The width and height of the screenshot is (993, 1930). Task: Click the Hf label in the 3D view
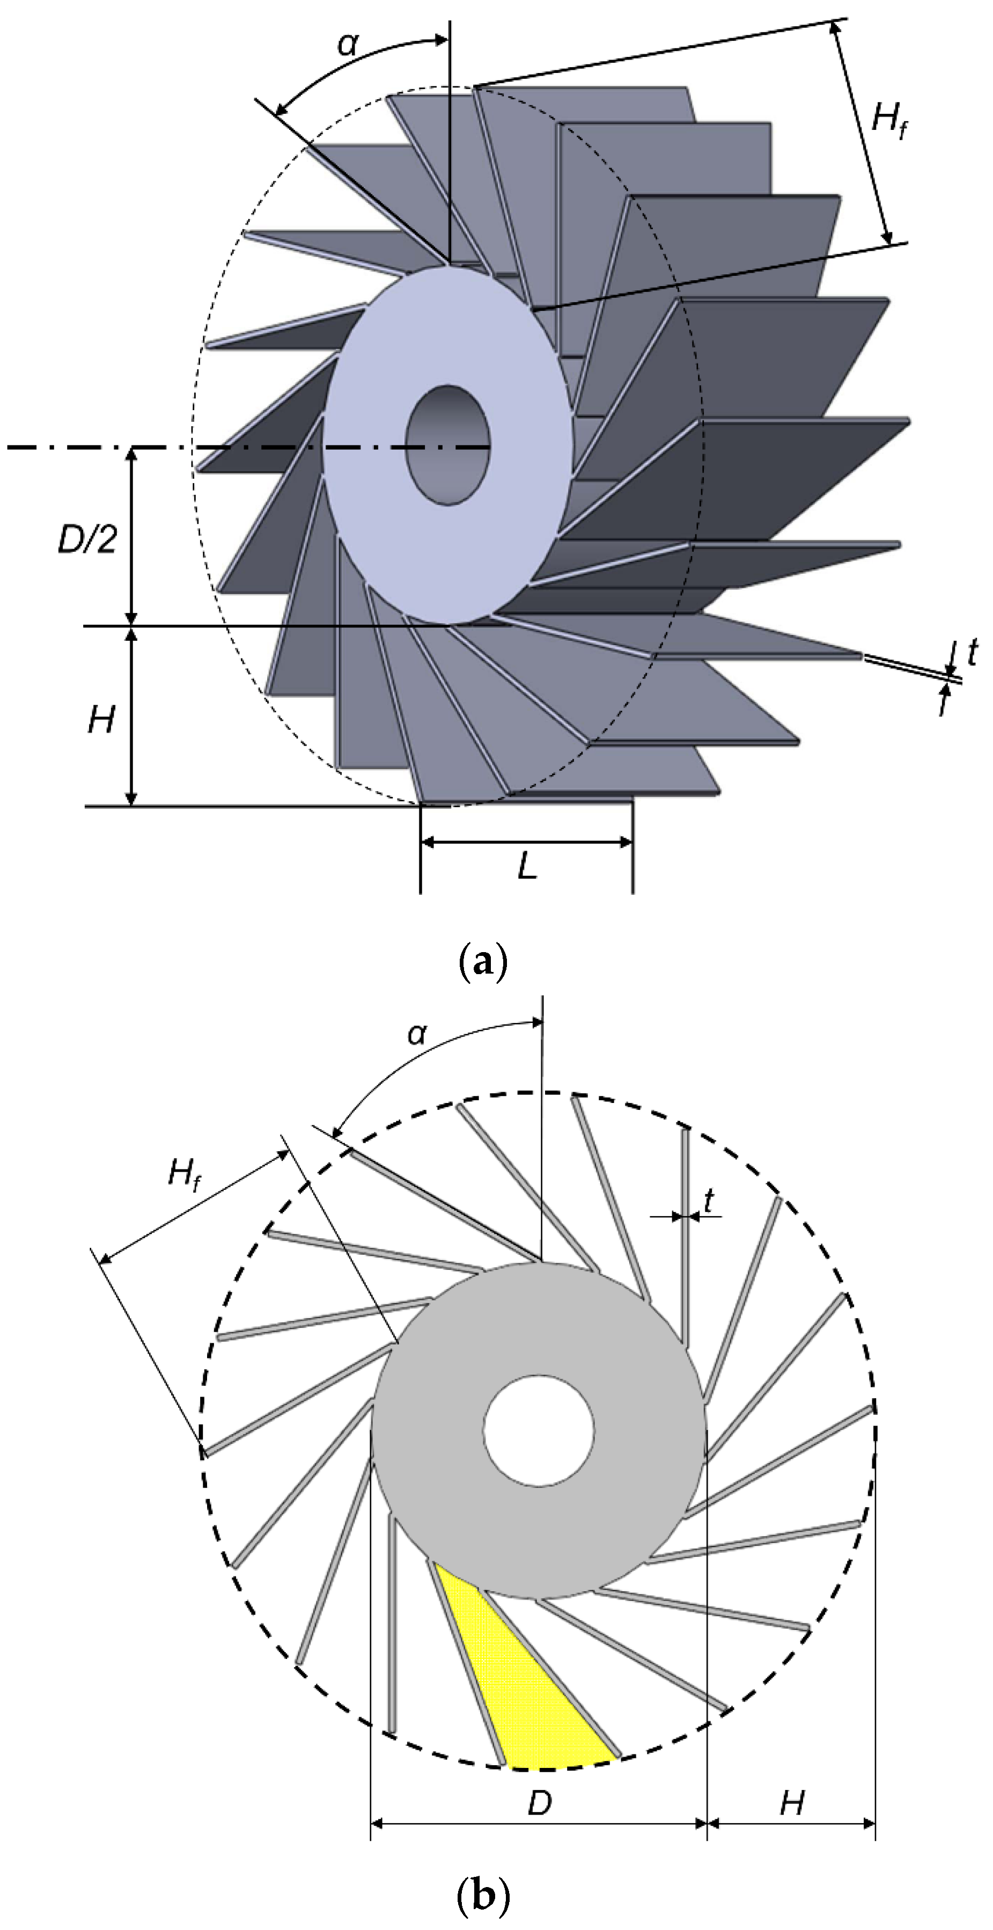coord(889,120)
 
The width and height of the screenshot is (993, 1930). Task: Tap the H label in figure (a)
coord(101,721)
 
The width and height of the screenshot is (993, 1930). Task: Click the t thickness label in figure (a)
coord(972,653)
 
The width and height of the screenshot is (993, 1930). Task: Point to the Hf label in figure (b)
coord(184,1173)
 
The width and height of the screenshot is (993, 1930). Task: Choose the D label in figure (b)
coord(539,1803)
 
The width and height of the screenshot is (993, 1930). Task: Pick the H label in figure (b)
coord(791,1803)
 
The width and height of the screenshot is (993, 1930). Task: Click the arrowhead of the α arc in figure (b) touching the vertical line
coord(535,1022)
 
